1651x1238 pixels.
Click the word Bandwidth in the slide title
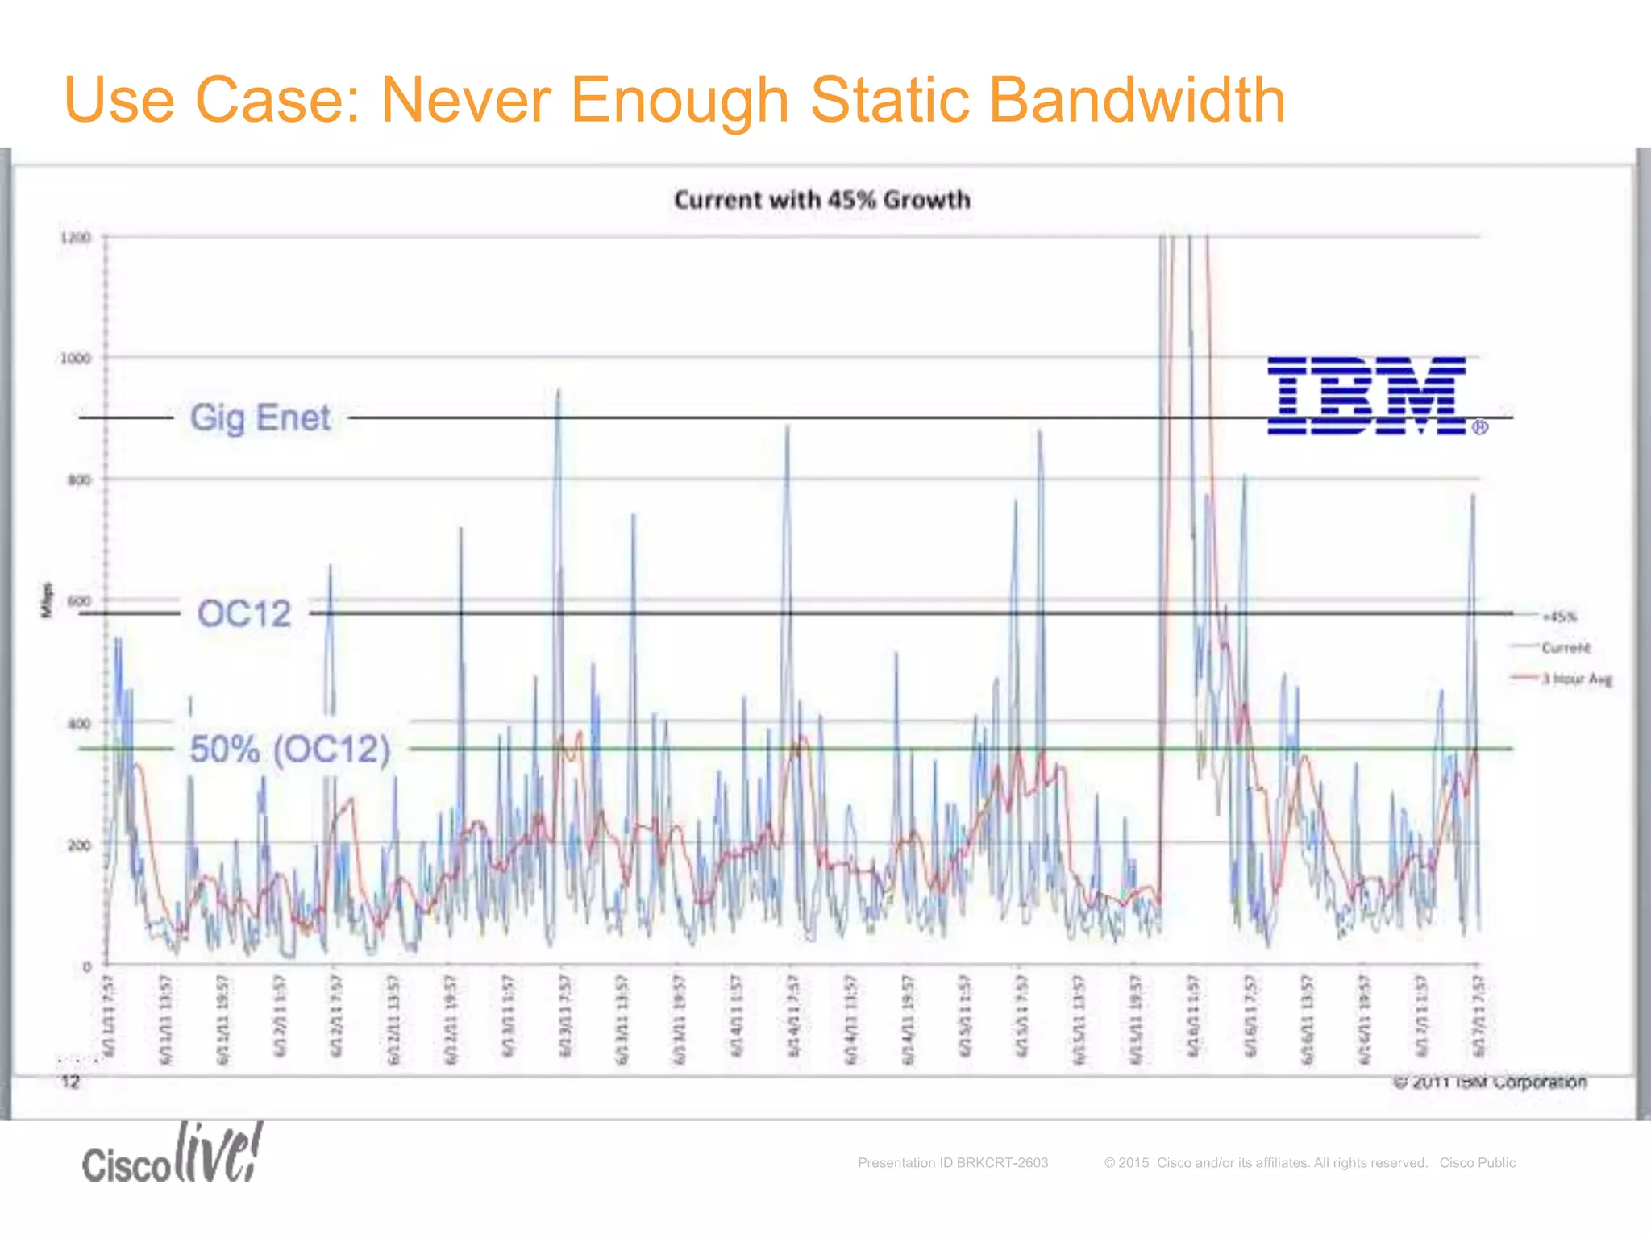click(1136, 100)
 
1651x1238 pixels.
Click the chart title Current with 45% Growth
click(821, 200)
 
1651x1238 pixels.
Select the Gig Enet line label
click(260, 418)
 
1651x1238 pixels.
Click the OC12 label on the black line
click(243, 614)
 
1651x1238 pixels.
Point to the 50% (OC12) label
click(289, 749)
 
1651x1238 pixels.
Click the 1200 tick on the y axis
click(76, 238)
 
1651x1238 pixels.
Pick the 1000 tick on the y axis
click(76, 359)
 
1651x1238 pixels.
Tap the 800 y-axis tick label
click(79, 480)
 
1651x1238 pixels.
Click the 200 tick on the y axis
click(79, 845)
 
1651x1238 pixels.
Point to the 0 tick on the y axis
click(87, 966)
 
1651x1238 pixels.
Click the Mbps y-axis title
click(47, 600)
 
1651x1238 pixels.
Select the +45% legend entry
click(1559, 617)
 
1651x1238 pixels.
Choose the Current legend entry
click(1565, 648)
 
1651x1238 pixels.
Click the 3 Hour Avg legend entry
click(1576, 679)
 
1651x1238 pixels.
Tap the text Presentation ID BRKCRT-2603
click(952, 1163)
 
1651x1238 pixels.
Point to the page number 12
click(71, 1082)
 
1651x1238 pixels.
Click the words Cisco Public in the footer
click(1477, 1163)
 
